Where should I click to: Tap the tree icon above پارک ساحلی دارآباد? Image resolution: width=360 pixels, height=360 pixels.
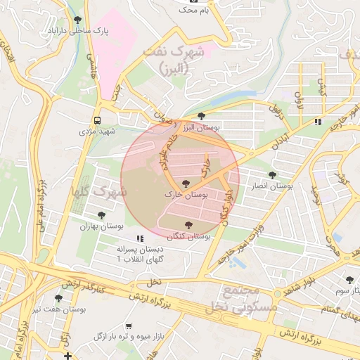click(77, 20)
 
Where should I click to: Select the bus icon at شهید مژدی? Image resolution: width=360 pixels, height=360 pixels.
click(96, 120)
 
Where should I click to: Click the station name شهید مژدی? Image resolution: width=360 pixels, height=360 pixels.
click(96, 131)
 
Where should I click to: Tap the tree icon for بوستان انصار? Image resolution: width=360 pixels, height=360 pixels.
click(271, 174)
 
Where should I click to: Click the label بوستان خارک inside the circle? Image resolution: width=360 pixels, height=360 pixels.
click(185, 194)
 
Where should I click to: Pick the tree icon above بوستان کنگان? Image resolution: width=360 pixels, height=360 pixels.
click(187, 225)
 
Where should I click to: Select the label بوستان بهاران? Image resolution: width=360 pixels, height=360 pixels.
click(103, 226)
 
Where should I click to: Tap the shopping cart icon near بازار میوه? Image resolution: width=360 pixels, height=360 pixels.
click(128, 326)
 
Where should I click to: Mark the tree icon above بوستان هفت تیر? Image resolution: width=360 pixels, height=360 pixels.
click(58, 298)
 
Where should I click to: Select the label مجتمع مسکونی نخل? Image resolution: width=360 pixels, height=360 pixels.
click(239, 299)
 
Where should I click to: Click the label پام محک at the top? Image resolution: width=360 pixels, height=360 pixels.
click(195, 11)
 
